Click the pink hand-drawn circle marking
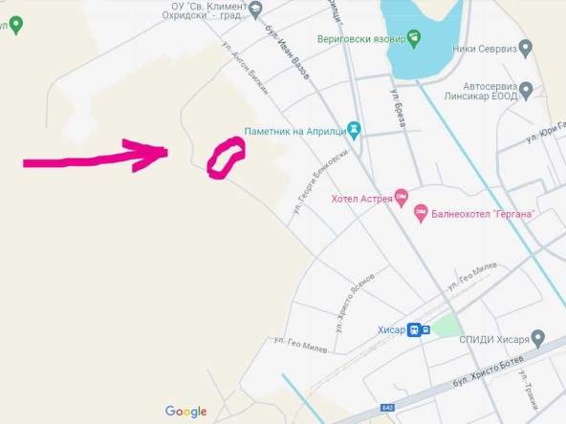tap(226, 159)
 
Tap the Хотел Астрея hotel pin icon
tap(402, 199)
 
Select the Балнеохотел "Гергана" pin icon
tap(420, 215)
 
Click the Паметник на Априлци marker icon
tap(354, 128)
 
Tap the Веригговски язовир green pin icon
tap(413, 38)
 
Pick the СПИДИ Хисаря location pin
tap(538, 338)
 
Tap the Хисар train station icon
tap(419, 330)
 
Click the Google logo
tap(185, 412)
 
